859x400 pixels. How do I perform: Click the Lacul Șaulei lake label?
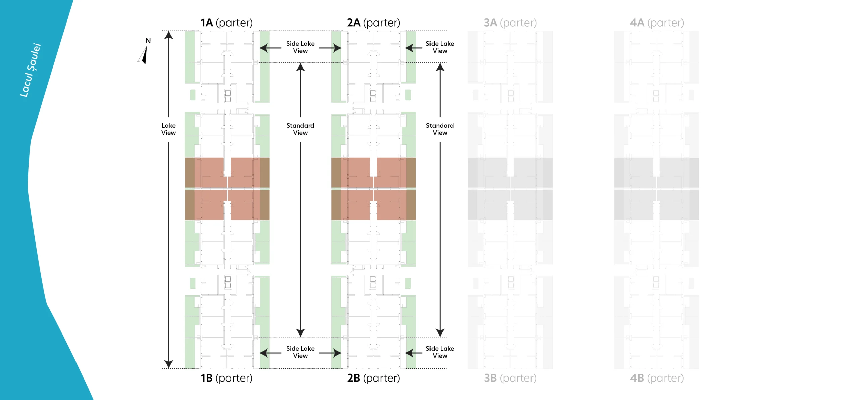click(x=31, y=70)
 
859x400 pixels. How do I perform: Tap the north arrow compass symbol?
click(x=144, y=54)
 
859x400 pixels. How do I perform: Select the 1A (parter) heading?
click(x=226, y=23)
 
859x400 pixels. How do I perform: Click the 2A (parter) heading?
click(x=373, y=23)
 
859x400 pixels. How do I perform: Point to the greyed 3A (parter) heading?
click(x=510, y=23)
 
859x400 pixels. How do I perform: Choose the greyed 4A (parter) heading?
click(x=657, y=23)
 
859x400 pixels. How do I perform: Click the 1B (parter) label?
click(x=226, y=378)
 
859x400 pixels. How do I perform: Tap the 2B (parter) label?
click(x=373, y=378)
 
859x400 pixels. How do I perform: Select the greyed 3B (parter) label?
click(x=510, y=378)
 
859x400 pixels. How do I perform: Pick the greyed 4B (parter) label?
click(x=657, y=378)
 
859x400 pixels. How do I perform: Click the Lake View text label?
click(x=168, y=129)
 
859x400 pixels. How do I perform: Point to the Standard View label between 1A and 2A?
click(x=300, y=129)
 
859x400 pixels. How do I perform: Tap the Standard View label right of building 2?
click(x=440, y=129)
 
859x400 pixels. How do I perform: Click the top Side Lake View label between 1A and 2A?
click(x=300, y=47)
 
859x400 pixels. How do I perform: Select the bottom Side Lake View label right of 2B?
click(x=440, y=352)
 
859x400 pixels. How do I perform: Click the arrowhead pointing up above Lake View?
click(x=168, y=35)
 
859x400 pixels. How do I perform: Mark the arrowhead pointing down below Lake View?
click(x=168, y=364)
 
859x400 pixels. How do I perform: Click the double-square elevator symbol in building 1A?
click(x=228, y=96)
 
